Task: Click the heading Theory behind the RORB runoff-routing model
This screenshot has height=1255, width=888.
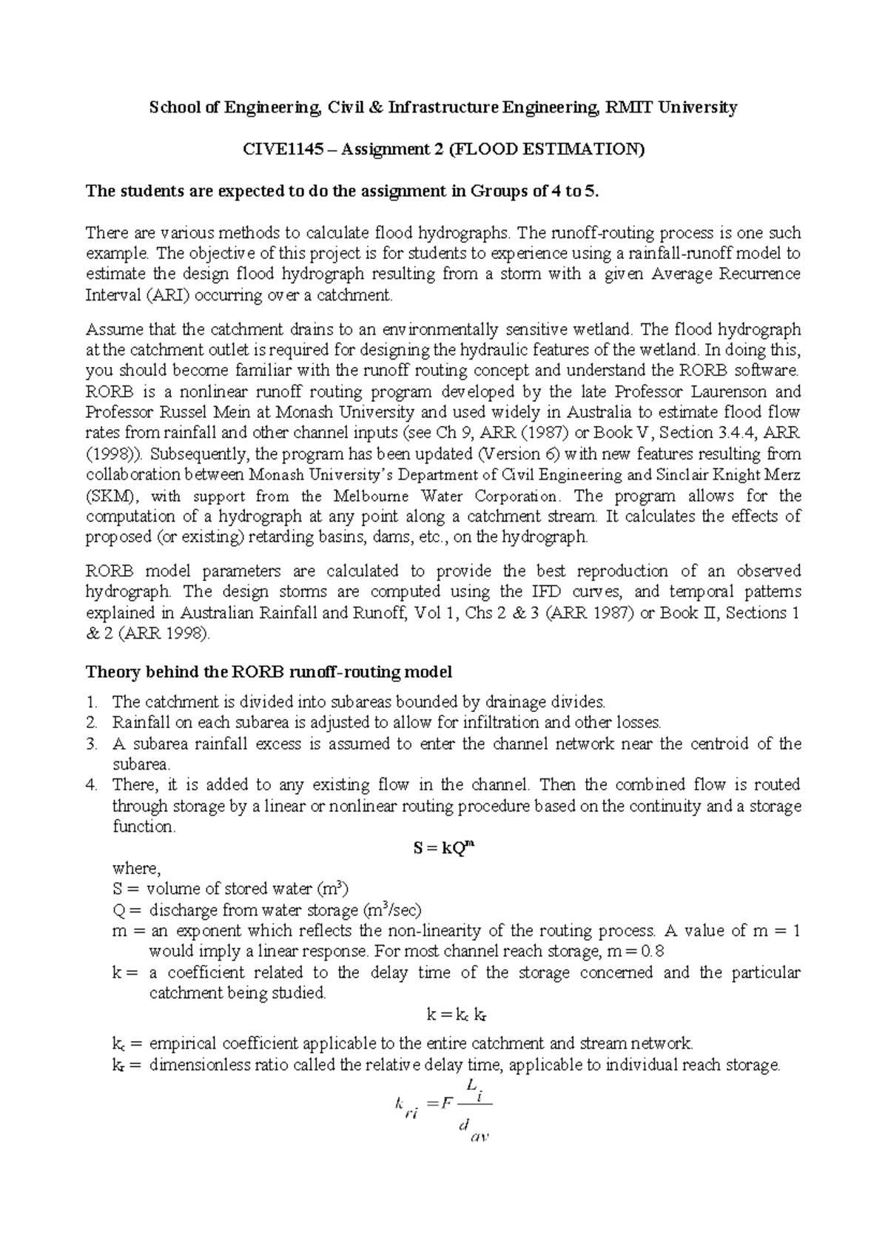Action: tap(269, 672)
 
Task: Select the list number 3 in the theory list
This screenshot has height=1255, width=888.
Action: tap(92, 744)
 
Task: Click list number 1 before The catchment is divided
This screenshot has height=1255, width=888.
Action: tap(92, 701)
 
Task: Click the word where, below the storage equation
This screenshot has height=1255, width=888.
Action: tap(135, 868)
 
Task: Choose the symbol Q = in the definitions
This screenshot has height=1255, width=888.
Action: tap(125, 910)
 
